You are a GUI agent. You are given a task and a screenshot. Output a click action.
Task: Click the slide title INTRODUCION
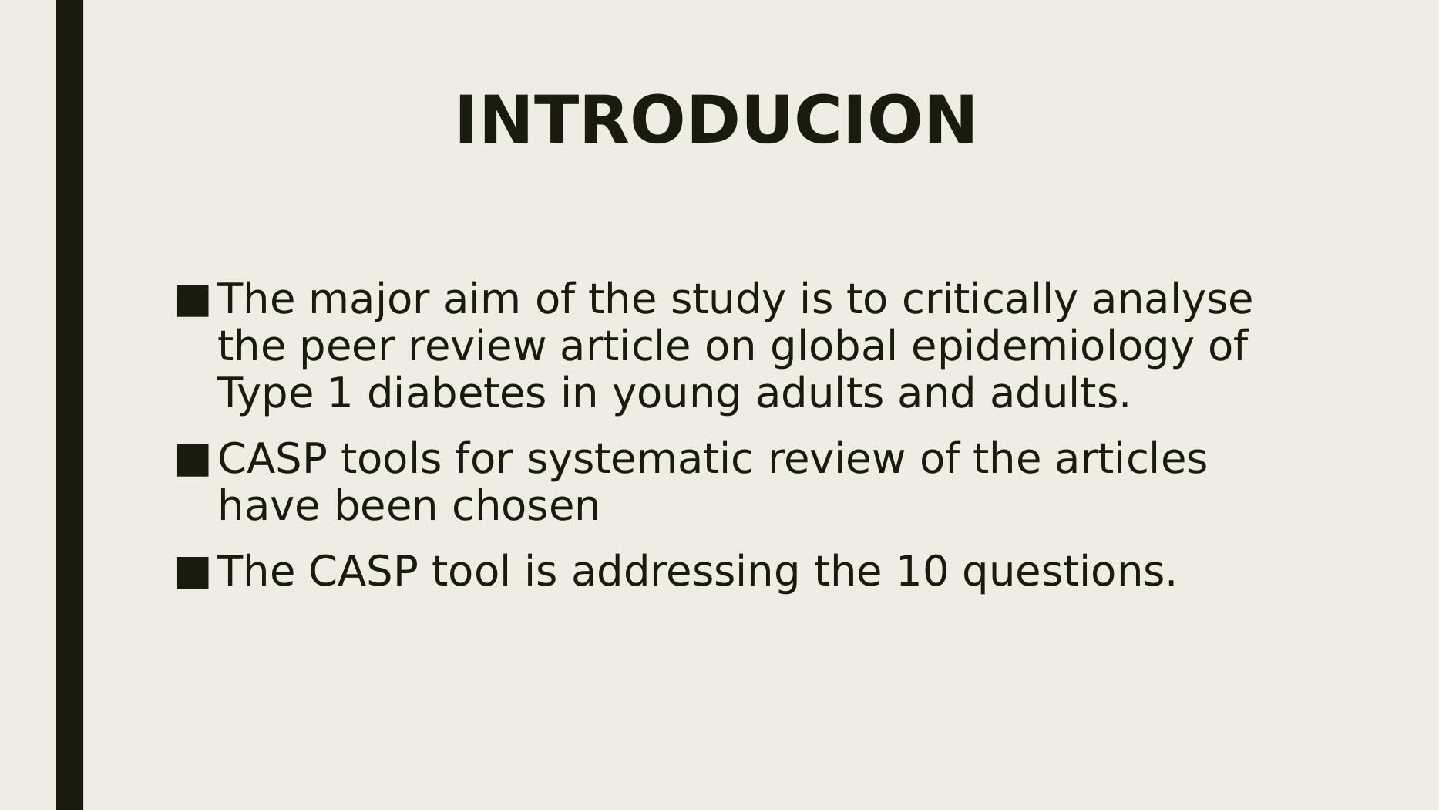[x=716, y=121]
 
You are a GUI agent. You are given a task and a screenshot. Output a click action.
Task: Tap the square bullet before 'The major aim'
[x=192, y=301]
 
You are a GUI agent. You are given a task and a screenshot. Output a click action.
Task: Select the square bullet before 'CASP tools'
[x=192, y=461]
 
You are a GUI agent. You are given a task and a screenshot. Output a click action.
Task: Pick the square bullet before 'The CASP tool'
[x=192, y=573]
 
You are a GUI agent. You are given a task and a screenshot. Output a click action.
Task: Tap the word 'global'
[x=833, y=347]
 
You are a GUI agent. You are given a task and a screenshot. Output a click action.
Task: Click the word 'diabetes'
[x=456, y=393]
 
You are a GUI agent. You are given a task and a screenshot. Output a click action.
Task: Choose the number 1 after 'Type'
[x=340, y=393]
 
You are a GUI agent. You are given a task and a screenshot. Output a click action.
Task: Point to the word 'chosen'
[x=526, y=507]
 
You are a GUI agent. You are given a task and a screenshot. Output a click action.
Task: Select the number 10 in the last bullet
[x=923, y=572]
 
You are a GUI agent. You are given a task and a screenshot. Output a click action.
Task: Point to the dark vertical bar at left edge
[x=69, y=405]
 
